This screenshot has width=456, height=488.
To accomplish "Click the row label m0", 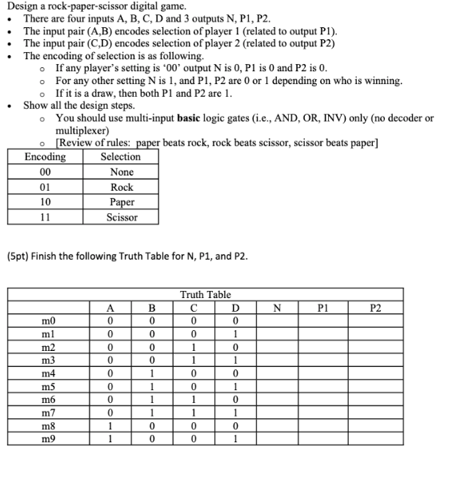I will pyautogui.click(x=48, y=321).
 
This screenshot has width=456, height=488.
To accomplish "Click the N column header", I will pyautogui.click(x=278, y=306).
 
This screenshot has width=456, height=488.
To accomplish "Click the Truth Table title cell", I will pyautogui.click(x=206, y=294).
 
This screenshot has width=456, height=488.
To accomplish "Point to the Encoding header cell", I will pyautogui.click(x=45, y=156).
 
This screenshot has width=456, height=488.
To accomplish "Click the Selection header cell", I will pyautogui.click(x=121, y=156).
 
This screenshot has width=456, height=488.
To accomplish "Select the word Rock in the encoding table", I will pyautogui.click(x=122, y=187).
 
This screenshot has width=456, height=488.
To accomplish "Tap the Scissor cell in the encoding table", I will pyautogui.click(x=122, y=217).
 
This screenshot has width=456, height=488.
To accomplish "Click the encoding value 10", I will pyautogui.click(x=45, y=202).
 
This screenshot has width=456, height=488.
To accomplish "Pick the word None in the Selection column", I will pyautogui.click(x=122, y=171).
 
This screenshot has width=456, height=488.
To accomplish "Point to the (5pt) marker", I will pyautogui.click(x=20, y=256).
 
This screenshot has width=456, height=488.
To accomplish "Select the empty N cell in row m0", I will pyautogui.click(x=278, y=321).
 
